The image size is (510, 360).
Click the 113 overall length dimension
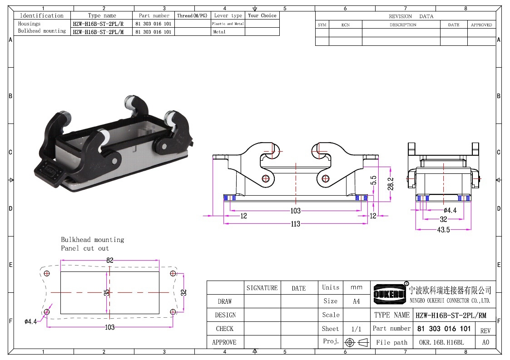tap(295, 224)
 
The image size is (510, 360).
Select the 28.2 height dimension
tap(390, 184)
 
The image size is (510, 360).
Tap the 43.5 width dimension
tap(443, 230)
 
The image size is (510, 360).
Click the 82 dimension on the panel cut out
tap(109, 260)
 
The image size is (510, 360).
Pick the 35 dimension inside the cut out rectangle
tap(107, 292)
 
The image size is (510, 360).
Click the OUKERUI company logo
tap(390, 294)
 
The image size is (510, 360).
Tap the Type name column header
tap(102, 15)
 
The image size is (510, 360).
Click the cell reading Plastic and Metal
tap(228, 24)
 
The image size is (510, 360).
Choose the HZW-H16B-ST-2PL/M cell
tap(98, 32)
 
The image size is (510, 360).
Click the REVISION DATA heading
tap(411, 16)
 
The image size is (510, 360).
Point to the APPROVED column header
tap(481, 25)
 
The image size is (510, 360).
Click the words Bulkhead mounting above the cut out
tap(92, 240)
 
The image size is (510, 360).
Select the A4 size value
tap(356, 301)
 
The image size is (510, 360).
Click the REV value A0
tap(485, 342)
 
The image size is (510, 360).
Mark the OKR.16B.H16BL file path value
tap(441, 342)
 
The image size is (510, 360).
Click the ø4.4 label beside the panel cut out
tap(30, 321)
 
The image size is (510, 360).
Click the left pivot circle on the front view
tap(265, 178)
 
